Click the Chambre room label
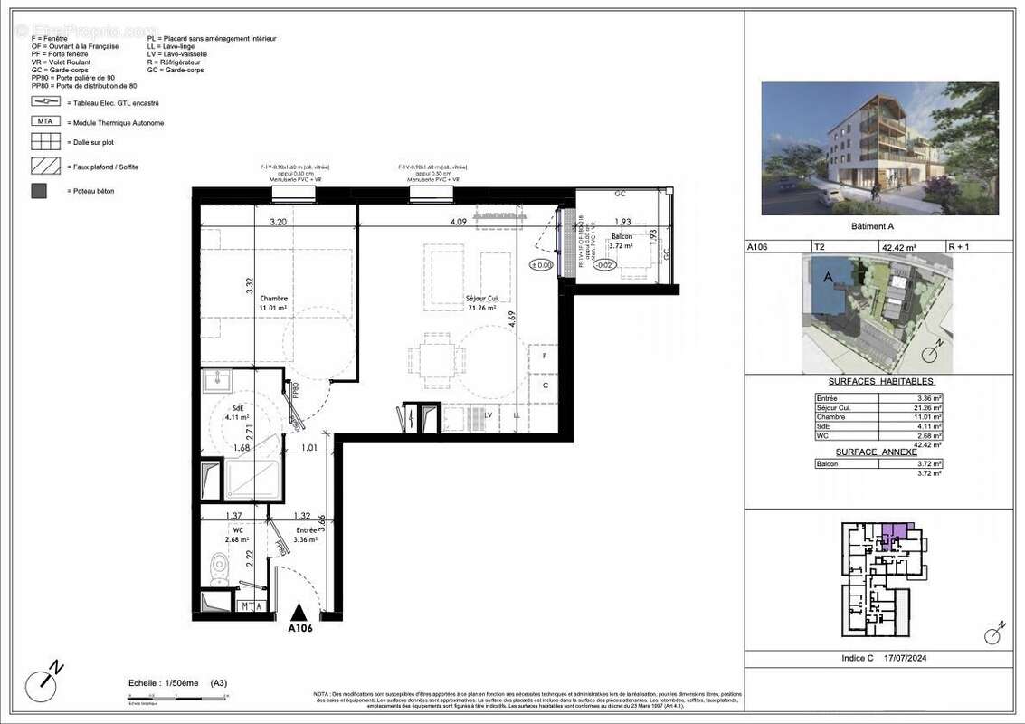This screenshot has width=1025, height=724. [273, 299]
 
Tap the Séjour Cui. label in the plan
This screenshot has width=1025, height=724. [483, 299]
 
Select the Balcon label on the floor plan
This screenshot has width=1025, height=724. [620, 236]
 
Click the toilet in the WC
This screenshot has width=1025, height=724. [218, 567]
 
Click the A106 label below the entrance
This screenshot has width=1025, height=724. [299, 628]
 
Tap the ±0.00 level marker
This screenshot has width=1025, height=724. [541, 265]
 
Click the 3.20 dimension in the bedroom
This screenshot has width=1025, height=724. [277, 222]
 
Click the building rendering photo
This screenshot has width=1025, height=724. [879, 148]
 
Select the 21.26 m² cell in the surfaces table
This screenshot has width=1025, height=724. [928, 407]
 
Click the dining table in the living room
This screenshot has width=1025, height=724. [431, 357]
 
